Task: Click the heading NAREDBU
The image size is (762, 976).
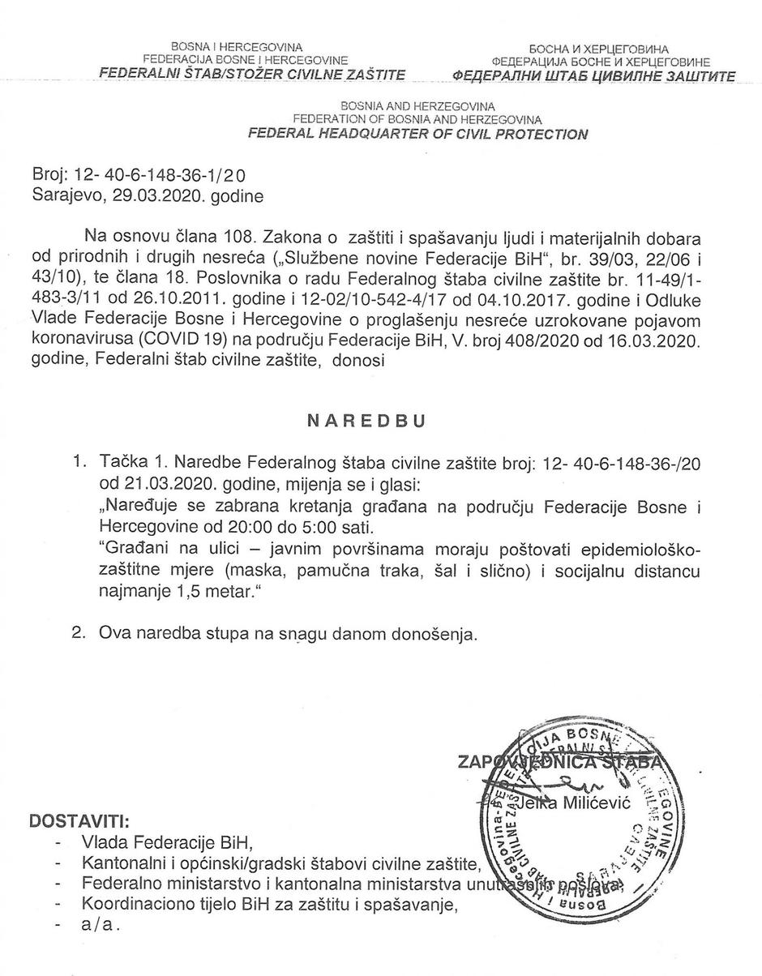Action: click(x=366, y=422)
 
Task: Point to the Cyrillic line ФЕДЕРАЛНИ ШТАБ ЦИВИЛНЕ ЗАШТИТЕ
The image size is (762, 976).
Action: click(x=593, y=76)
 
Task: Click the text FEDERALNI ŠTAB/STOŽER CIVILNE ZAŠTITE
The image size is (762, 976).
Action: click(x=252, y=74)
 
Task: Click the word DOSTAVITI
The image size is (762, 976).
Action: click(x=78, y=821)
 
